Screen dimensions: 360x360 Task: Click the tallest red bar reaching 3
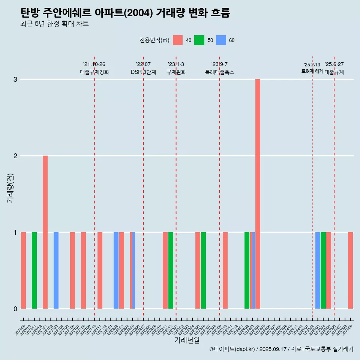[x=258, y=193]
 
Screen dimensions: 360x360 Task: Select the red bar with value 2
[x=45, y=232]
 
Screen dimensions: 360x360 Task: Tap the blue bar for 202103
[x=56, y=270]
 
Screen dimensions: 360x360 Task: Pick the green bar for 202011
[x=34, y=270]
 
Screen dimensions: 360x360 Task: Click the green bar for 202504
[x=323, y=270]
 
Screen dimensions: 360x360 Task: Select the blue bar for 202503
[x=318, y=270]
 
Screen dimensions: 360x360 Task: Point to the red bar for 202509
[x=350, y=270]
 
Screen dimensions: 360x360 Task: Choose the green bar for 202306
[x=203, y=270]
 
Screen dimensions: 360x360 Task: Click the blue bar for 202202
[x=116, y=270]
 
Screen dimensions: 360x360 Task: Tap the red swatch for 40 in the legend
[x=178, y=40]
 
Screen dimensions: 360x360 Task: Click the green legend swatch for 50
[x=199, y=40]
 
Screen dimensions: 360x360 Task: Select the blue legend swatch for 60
[x=221, y=40]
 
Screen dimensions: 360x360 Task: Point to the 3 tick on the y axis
[x=15, y=79]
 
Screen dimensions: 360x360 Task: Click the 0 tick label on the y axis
[x=15, y=309]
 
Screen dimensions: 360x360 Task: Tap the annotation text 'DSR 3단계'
[x=143, y=72]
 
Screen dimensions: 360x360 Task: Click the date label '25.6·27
[x=334, y=64]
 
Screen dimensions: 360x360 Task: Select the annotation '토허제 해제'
[x=312, y=71]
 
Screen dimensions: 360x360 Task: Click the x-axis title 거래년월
[x=187, y=340]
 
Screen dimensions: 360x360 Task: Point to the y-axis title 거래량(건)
[x=10, y=187]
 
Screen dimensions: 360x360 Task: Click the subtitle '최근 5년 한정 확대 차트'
[x=55, y=24]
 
